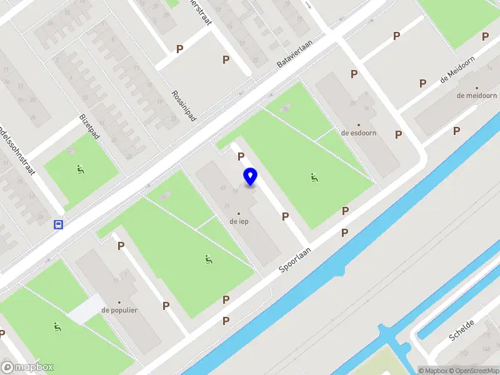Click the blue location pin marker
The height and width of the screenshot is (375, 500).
click(x=251, y=177)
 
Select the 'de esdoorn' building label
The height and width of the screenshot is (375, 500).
click(x=358, y=132)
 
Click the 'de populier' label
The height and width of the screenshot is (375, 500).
click(x=119, y=310)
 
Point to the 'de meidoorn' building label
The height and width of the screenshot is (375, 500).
click(x=476, y=96)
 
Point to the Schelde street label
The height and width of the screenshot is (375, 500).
click(x=462, y=329)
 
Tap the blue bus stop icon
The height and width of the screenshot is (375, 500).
click(x=58, y=225)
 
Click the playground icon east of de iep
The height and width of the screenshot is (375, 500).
click(x=313, y=177)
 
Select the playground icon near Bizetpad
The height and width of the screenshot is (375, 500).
click(x=80, y=169)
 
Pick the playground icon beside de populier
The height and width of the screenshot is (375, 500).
click(x=57, y=326)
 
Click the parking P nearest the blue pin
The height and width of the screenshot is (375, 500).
click(x=240, y=157)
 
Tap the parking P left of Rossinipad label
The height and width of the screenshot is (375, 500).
click(x=180, y=49)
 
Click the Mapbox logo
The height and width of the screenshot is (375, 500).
click(x=27, y=367)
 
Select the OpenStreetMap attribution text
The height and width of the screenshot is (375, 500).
click(x=472, y=371)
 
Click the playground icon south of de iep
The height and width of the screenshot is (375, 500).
click(x=208, y=259)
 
